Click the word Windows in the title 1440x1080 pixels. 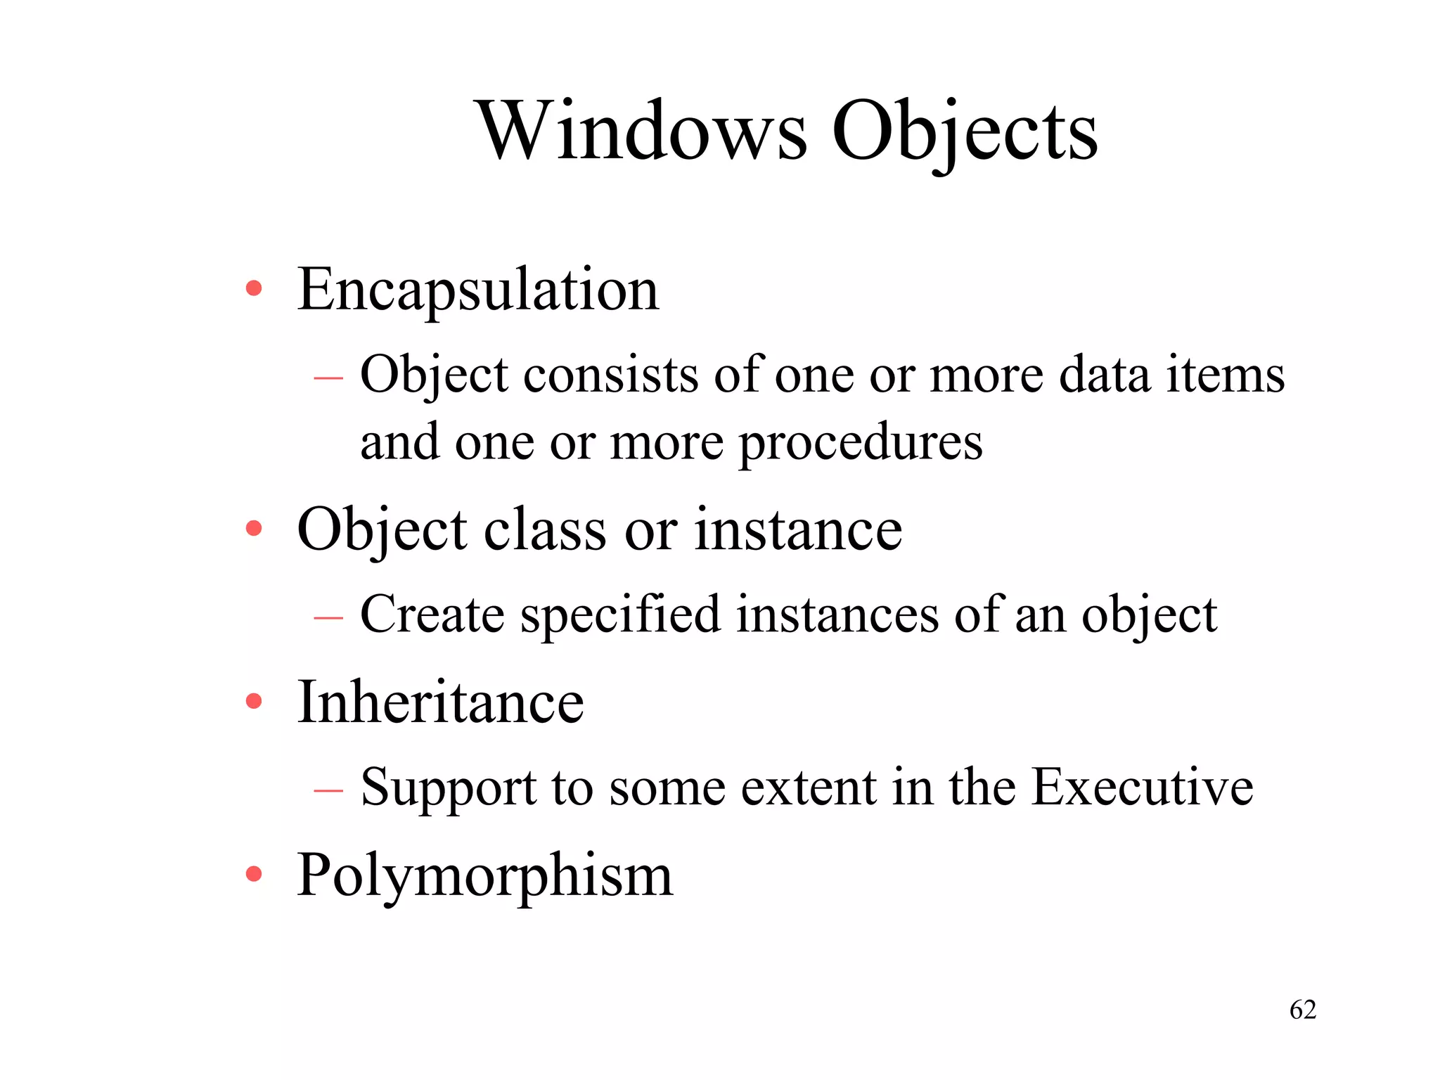(x=642, y=131)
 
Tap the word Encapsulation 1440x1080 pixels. (x=478, y=290)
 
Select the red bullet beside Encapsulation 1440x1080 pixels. (x=254, y=288)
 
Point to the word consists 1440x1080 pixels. (x=610, y=375)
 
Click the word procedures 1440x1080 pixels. (x=861, y=443)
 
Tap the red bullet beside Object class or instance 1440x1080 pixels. (x=254, y=528)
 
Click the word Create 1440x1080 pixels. (x=432, y=615)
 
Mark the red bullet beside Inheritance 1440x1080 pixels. (x=254, y=700)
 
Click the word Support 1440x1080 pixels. (x=449, y=787)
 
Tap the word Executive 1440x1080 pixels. (x=1142, y=786)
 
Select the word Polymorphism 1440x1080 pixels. (x=485, y=876)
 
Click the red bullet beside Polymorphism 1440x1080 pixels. (x=254, y=874)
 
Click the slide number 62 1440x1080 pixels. (x=1302, y=1010)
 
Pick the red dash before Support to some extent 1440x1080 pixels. (x=328, y=790)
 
